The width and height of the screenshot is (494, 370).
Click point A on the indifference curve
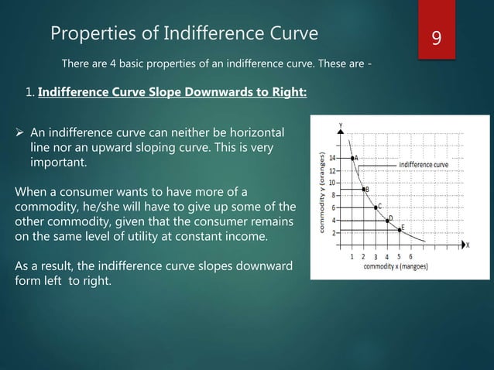pyautogui.click(x=353, y=158)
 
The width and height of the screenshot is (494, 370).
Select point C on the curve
pyautogui.click(x=376, y=206)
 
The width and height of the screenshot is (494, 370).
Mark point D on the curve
pyautogui.click(x=387, y=221)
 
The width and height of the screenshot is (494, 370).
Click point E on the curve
pyautogui.click(x=400, y=229)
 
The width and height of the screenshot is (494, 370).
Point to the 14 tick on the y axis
pyautogui.click(x=333, y=157)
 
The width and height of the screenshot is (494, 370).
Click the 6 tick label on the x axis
pyautogui.click(x=410, y=256)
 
